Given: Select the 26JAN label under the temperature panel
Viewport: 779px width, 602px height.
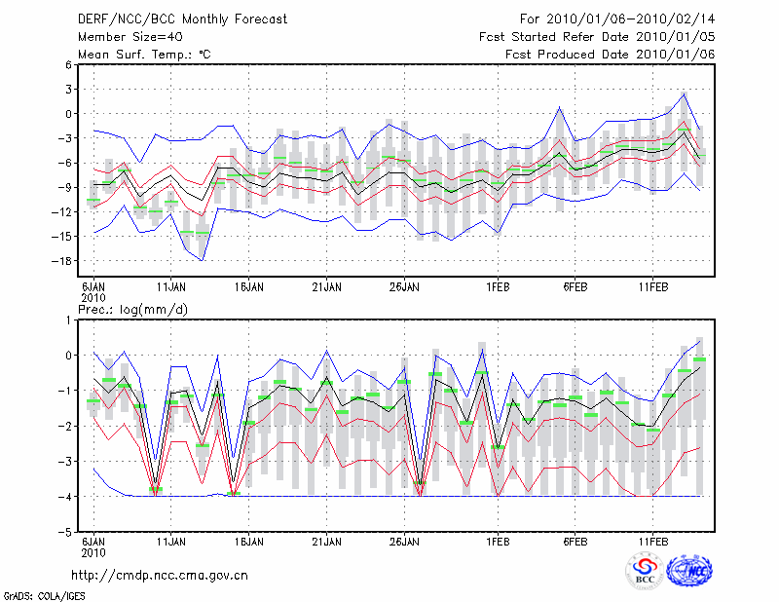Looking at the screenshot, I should (404, 287).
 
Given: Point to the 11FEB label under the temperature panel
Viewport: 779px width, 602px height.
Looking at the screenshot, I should (652, 287).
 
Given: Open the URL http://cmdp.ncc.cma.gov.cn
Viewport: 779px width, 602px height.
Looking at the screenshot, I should (160, 575).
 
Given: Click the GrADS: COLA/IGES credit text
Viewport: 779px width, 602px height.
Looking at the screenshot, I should (35, 594).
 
